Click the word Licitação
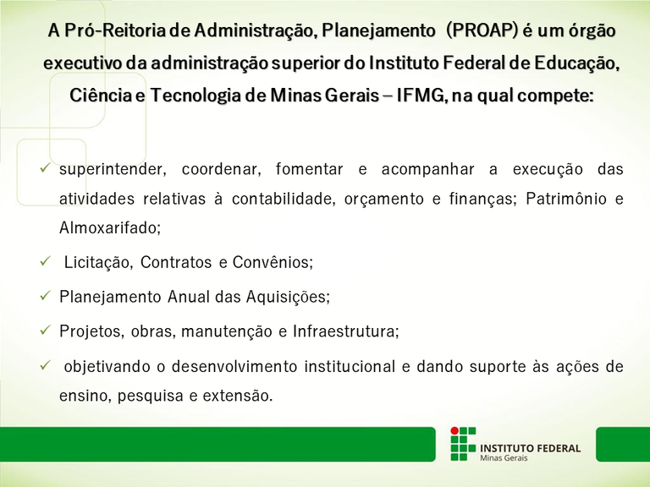(x=98, y=263)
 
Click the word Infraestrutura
(x=345, y=331)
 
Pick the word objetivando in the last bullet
(x=108, y=367)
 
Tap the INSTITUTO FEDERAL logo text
(x=530, y=447)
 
